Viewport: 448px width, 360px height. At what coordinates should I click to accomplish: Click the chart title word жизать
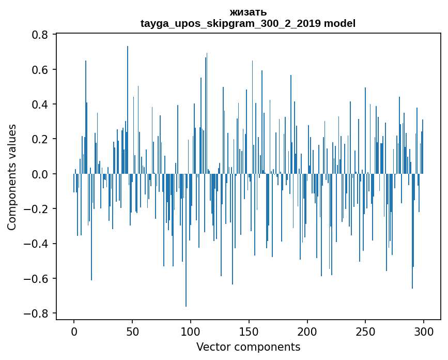[248, 12]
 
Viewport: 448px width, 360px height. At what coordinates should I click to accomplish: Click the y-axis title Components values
[12, 177]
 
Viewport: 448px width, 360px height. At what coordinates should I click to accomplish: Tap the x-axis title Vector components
[248, 347]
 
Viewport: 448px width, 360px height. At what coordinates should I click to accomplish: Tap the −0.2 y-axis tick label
[37, 209]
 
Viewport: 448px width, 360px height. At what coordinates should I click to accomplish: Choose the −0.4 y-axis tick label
[37, 244]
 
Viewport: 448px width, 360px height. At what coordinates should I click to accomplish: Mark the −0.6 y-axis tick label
[37, 279]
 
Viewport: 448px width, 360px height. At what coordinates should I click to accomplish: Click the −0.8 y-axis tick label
[37, 313]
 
